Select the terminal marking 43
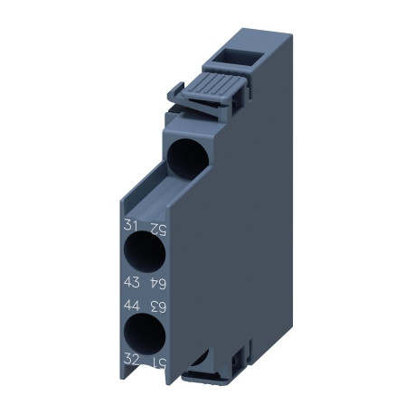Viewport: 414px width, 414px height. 131,283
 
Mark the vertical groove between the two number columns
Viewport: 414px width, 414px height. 144,294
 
